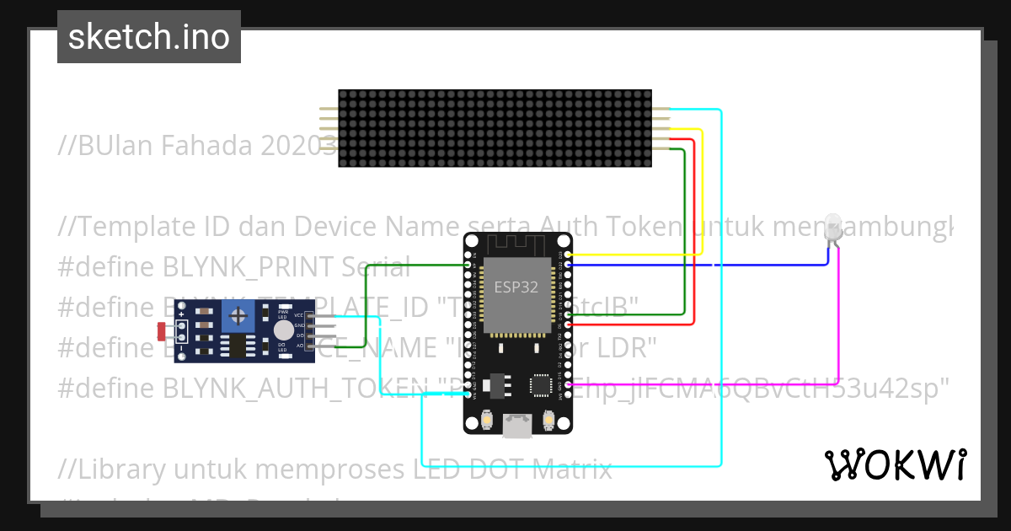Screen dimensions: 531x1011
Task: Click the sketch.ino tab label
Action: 148,37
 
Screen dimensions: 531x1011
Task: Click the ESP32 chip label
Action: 516,287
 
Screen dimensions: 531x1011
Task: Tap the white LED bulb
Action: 833,226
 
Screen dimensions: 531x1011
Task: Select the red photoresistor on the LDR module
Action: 162,331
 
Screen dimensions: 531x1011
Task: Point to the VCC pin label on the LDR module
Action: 298,315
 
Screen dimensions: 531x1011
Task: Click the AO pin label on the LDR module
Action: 298,346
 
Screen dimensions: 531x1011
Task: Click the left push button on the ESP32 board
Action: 486,419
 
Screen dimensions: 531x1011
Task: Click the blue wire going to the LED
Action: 758,265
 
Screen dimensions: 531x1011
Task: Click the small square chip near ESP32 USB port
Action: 540,385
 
